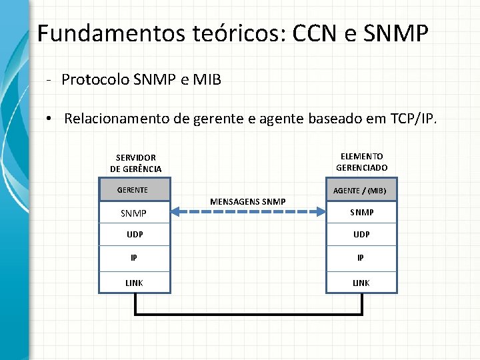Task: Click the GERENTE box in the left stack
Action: (135, 190)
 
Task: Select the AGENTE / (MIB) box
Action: (361, 190)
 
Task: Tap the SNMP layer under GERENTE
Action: (135, 213)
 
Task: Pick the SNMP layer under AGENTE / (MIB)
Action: (361, 213)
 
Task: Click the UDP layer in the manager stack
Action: (135, 235)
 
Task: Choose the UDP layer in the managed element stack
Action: (361, 235)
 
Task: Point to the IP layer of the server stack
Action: (135, 258)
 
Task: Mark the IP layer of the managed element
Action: (361, 258)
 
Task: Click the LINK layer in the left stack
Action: (135, 283)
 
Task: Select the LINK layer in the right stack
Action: (361, 283)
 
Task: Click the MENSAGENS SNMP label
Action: (247, 201)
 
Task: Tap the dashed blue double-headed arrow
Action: (248, 211)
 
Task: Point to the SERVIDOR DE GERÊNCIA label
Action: (135, 163)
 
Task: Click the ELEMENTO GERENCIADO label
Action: (361, 162)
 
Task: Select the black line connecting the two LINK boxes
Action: (248, 313)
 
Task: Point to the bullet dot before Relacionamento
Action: (49, 119)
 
